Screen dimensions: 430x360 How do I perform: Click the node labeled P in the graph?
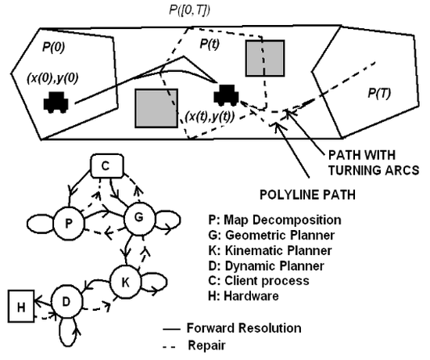click(x=69, y=223)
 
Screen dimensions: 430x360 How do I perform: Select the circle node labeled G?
click(x=139, y=218)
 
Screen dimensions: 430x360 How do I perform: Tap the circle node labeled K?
click(x=126, y=282)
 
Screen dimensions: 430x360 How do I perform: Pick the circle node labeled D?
click(x=66, y=301)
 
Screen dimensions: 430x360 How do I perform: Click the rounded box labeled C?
click(x=107, y=166)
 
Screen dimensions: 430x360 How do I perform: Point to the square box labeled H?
click(x=21, y=306)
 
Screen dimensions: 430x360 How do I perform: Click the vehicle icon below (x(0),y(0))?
click(x=56, y=103)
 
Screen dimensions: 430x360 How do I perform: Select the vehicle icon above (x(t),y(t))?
click(x=226, y=95)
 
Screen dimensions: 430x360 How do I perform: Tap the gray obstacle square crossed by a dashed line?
click(x=265, y=58)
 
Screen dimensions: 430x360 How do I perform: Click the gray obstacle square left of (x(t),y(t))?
click(x=156, y=108)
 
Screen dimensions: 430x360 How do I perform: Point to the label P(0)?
click(x=53, y=47)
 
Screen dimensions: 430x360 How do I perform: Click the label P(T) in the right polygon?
click(x=379, y=93)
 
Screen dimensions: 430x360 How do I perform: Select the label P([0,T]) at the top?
click(x=189, y=10)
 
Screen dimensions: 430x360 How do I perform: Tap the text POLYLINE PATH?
click(x=307, y=195)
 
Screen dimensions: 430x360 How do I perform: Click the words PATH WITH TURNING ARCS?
click(x=374, y=163)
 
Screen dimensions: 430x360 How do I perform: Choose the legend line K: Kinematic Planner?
click(x=271, y=250)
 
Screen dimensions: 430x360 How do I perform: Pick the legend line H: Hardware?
click(x=243, y=296)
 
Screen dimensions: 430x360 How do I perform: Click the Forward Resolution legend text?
click(x=244, y=328)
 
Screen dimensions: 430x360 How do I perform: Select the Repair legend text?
click(x=206, y=345)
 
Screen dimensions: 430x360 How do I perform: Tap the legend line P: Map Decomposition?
click(x=274, y=220)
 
